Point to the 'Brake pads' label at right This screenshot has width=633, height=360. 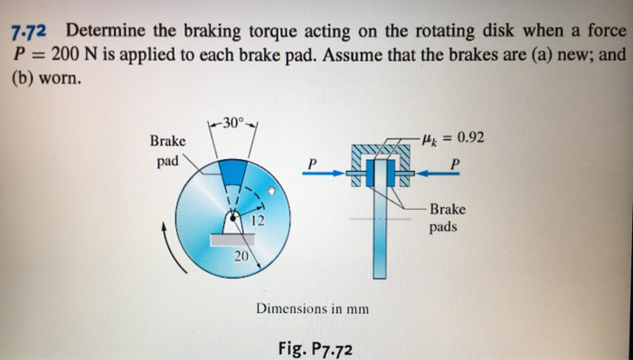pos(449,217)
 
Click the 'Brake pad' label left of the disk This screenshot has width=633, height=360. pos(167,151)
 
